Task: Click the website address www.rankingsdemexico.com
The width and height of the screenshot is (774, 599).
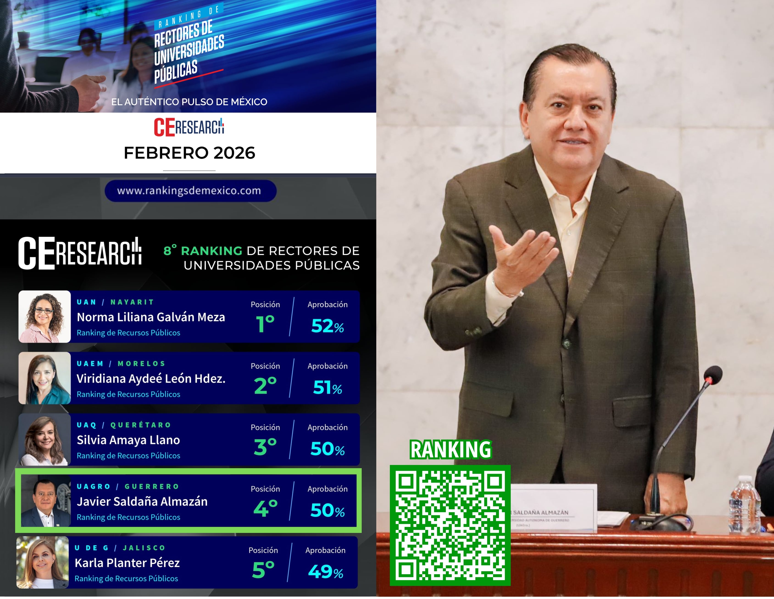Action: click(x=189, y=191)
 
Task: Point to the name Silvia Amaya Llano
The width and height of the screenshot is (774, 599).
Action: click(x=128, y=440)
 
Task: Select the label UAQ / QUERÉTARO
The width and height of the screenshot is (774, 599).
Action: click(x=124, y=425)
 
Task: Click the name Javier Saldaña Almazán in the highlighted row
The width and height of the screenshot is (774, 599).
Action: click(x=142, y=501)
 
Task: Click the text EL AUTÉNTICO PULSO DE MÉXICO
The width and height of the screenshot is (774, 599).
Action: click(x=189, y=102)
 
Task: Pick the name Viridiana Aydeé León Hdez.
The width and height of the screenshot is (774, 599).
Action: click(x=151, y=379)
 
